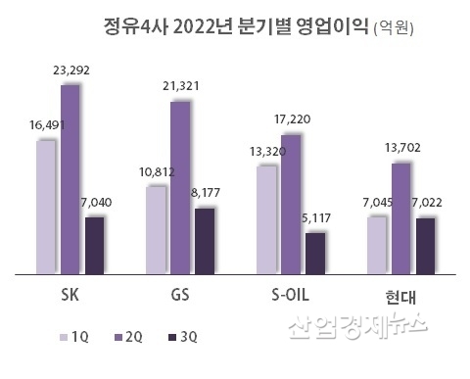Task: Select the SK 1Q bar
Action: tap(45, 207)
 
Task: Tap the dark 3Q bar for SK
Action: tap(94, 245)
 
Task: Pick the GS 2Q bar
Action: tap(180, 187)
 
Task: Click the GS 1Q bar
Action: tap(156, 229)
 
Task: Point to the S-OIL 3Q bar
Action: tap(314, 253)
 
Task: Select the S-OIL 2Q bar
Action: tap(291, 204)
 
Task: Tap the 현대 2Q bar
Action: tap(400, 217)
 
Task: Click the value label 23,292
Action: tap(70, 71)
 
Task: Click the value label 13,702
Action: tap(401, 147)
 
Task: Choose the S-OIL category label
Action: tap(291, 293)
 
